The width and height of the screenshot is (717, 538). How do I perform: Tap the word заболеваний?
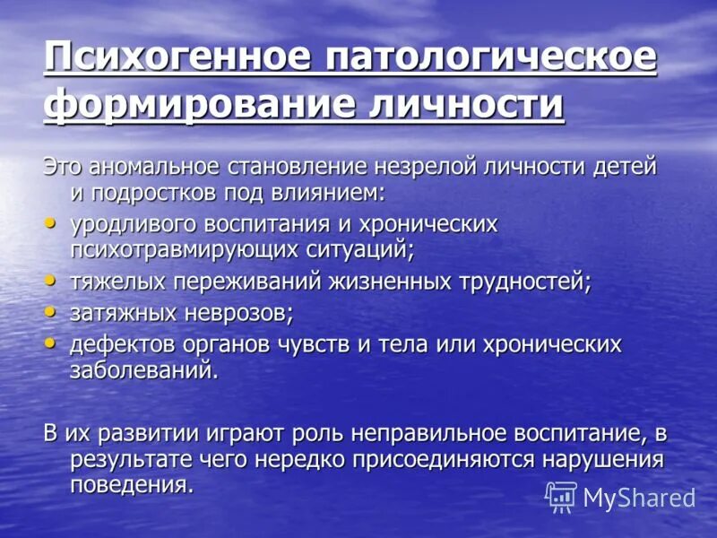[x=143, y=369]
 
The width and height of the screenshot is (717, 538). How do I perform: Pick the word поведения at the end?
[x=130, y=486]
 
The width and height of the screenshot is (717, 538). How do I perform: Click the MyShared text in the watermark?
[x=639, y=499]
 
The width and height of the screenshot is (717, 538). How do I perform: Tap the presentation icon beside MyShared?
[x=561, y=497]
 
